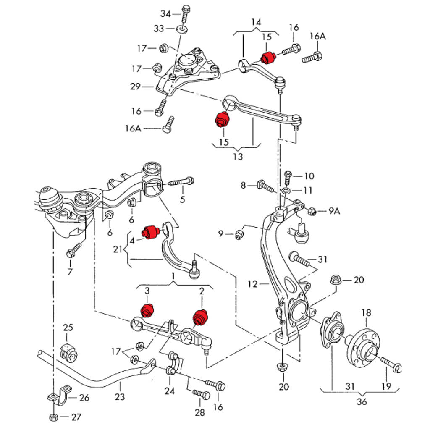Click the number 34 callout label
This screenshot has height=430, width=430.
tap(166, 14)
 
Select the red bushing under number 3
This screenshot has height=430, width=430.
tap(147, 309)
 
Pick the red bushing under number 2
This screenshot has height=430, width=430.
tap(200, 317)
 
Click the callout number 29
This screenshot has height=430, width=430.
tap(135, 87)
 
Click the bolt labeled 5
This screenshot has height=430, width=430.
tap(181, 182)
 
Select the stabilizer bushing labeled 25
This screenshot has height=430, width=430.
tap(69, 352)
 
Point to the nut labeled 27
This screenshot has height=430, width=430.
tap(53, 417)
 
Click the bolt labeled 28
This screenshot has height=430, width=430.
tap(202, 395)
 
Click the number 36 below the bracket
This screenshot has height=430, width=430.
tap(362, 401)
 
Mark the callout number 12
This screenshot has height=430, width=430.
tap(252, 284)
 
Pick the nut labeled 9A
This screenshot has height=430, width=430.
tap(312, 211)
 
